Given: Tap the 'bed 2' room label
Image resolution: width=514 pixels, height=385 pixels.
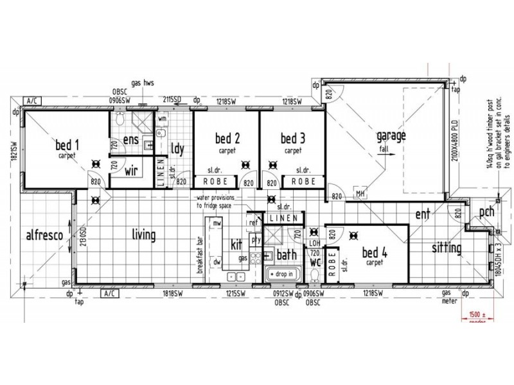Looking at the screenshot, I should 227,138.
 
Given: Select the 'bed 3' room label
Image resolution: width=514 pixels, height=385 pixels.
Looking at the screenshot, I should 293,138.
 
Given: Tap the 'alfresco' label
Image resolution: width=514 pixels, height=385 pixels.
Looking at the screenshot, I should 44,235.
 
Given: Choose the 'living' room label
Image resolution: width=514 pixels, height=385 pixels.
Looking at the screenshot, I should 143,235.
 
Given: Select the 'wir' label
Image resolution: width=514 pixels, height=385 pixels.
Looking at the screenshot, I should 132,171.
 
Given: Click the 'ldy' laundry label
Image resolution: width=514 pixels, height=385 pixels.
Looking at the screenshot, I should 178,148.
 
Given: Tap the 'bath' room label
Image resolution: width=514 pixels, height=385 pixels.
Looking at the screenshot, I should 287,255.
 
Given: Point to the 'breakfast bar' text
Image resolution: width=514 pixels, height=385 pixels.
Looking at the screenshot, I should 200,255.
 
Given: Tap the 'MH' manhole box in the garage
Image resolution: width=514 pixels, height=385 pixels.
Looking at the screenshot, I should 359,193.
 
